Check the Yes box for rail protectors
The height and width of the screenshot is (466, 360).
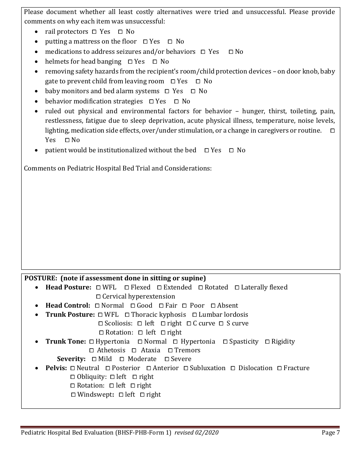tap(94, 32)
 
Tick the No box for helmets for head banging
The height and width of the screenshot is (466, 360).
tap(155, 62)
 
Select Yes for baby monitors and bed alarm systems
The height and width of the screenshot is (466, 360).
tap(167, 91)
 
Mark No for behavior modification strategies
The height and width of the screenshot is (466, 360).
tap(176, 102)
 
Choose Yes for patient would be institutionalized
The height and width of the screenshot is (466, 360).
tap(207, 150)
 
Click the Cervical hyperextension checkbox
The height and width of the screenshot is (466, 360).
tap(99, 297)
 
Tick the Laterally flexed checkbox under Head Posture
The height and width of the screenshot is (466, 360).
tap(237, 288)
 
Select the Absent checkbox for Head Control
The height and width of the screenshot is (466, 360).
tap(213, 306)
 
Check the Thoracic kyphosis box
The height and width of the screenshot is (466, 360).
tap(127, 315)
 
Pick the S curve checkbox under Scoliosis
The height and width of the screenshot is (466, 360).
tap(221, 324)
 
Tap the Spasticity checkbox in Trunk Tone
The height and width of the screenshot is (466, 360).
tap(225, 342)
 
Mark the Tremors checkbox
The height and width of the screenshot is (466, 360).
tap(171, 350)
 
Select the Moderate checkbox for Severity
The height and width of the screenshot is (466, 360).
tap(122, 359)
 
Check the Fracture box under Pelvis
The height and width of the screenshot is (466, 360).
tap(279, 368)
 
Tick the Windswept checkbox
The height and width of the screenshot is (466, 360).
tap(74, 395)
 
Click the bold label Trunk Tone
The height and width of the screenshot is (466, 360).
tap(66, 341)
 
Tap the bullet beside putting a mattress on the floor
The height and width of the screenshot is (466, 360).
tap(36, 42)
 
